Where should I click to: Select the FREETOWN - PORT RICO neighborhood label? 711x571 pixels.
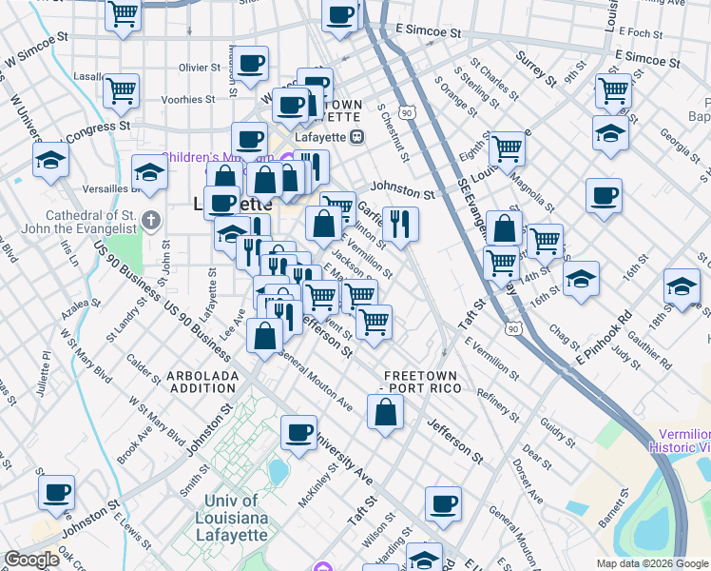[420, 382]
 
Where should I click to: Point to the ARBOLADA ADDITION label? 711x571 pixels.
[202, 382]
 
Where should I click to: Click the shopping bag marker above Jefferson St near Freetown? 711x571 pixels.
[385, 413]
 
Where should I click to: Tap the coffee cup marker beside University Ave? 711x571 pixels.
[299, 433]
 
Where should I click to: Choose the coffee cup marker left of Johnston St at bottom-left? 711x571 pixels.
[57, 492]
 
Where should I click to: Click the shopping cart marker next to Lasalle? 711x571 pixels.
[121, 91]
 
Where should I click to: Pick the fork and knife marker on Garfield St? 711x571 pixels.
[400, 224]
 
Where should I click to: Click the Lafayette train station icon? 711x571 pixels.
[357, 136]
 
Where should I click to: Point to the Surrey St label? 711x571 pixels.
[535, 64]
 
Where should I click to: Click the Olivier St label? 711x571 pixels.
[200, 68]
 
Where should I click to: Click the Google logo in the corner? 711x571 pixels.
[32, 561]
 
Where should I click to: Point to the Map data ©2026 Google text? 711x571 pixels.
[652, 563]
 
